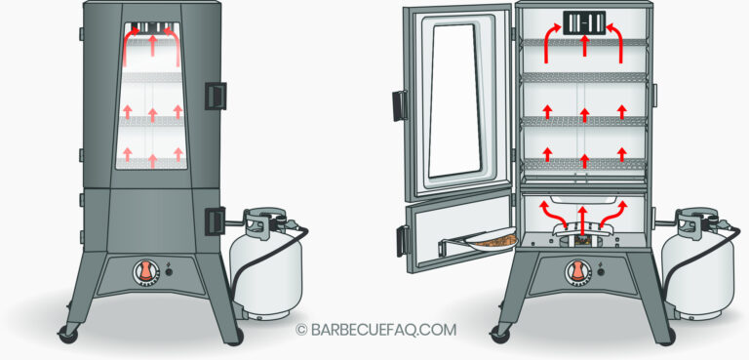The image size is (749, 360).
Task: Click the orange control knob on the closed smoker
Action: [x=146, y=272]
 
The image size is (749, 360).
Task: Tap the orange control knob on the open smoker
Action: [x=580, y=271]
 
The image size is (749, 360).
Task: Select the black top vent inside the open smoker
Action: [x=582, y=22]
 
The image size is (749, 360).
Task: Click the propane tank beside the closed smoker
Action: [x=266, y=268]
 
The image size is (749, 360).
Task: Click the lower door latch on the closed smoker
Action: [x=215, y=221]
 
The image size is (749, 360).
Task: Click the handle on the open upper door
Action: [x=399, y=104]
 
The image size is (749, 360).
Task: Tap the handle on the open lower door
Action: [x=401, y=240]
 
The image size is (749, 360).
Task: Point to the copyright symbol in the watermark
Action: [x=302, y=330]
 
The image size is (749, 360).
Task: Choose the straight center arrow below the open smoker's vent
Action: [x=582, y=45]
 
